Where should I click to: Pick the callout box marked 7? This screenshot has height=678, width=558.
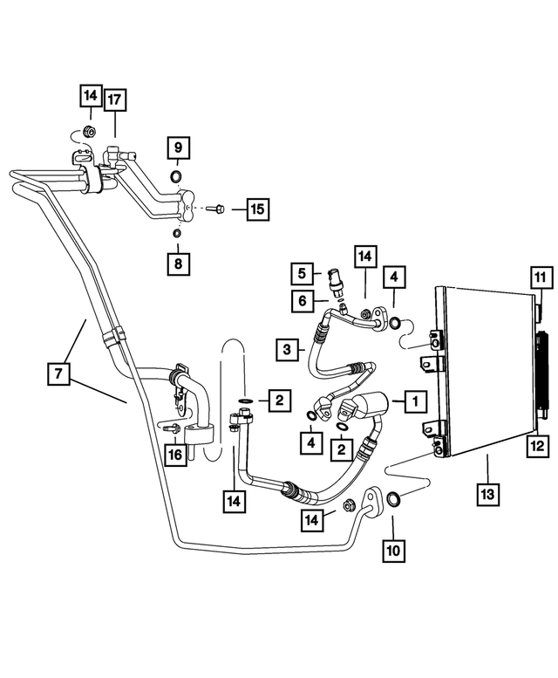(58, 374)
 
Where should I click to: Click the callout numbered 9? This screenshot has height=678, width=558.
(177, 147)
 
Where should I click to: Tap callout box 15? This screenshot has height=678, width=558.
(256, 209)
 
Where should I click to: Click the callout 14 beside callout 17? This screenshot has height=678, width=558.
(91, 96)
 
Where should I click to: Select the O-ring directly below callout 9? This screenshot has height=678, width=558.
(176, 179)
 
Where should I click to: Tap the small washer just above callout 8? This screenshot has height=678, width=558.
(176, 233)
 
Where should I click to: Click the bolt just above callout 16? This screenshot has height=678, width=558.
(173, 428)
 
